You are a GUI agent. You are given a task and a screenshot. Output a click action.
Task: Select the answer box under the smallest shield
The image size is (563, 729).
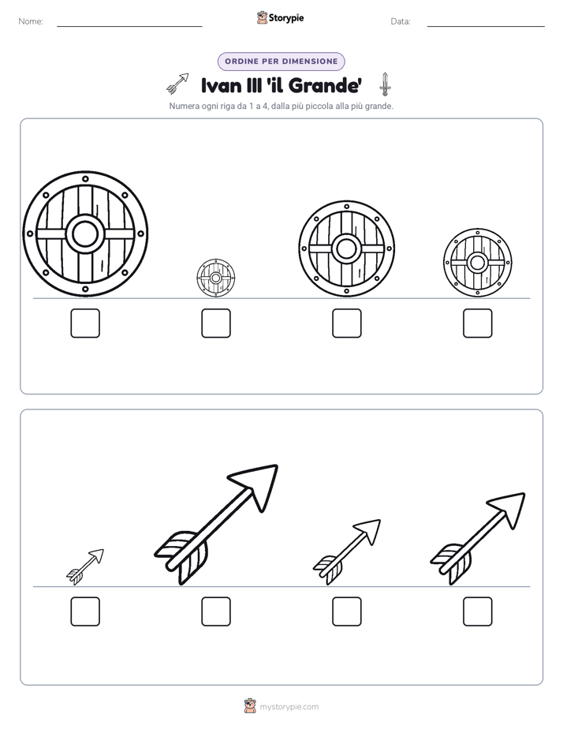(x=216, y=323)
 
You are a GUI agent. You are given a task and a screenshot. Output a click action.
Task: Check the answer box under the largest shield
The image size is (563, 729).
(x=85, y=323)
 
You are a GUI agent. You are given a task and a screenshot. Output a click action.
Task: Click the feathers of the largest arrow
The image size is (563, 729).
(x=181, y=557)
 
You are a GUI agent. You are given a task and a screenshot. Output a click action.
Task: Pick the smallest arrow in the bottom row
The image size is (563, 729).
(x=85, y=566)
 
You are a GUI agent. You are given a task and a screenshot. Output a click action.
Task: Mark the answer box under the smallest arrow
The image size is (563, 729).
(x=85, y=611)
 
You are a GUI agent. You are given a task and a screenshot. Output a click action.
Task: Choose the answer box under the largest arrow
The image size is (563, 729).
(x=216, y=611)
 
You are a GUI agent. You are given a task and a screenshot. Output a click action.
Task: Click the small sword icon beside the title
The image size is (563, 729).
(x=385, y=84)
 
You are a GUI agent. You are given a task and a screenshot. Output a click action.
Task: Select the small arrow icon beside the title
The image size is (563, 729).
(x=178, y=83)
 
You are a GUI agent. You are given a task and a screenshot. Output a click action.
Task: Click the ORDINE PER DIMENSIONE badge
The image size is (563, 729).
(x=281, y=62)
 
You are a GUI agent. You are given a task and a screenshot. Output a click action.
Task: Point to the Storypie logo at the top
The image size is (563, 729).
(x=281, y=17)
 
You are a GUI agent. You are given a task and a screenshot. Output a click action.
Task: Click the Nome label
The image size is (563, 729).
(x=31, y=21)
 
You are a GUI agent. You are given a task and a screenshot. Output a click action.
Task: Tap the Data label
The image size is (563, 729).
(x=401, y=21)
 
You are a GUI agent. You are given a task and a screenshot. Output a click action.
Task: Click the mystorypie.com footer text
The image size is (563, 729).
(x=289, y=707)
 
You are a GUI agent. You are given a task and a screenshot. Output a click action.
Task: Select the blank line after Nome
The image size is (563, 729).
(x=129, y=26)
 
